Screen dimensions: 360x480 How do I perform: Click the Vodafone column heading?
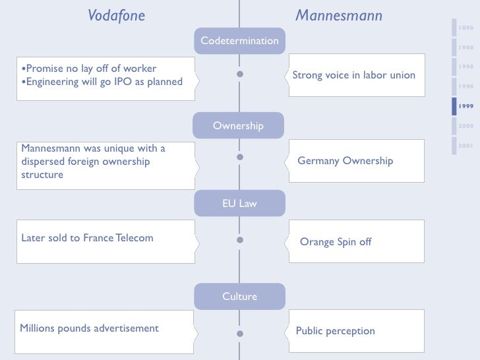(116, 15)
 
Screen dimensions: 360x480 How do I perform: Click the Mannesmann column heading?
(338, 15)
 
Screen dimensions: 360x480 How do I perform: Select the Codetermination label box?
(239, 41)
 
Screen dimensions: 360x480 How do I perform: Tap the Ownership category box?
(238, 125)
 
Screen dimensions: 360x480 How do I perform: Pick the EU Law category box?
(239, 204)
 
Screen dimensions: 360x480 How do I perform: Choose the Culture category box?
(239, 297)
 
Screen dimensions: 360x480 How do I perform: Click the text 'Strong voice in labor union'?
(353, 75)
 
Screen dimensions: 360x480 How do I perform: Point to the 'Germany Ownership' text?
(345, 161)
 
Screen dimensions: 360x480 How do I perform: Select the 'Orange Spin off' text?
(336, 242)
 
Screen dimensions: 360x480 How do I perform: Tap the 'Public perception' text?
(335, 331)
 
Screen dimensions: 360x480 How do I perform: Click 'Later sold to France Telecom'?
(87, 238)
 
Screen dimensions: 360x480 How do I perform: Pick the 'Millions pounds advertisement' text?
(89, 328)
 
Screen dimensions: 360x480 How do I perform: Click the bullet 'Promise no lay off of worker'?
(88, 69)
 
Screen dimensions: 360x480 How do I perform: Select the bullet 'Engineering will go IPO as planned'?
(101, 82)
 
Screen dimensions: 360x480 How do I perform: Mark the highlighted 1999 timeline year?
(467, 106)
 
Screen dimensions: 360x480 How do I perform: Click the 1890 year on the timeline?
(466, 28)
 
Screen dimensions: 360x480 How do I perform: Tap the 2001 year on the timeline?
(466, 145)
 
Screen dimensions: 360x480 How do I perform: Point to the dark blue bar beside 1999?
(454, 106)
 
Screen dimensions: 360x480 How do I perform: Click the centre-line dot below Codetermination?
(240, 75)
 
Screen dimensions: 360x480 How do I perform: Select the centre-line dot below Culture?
(240, 334)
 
